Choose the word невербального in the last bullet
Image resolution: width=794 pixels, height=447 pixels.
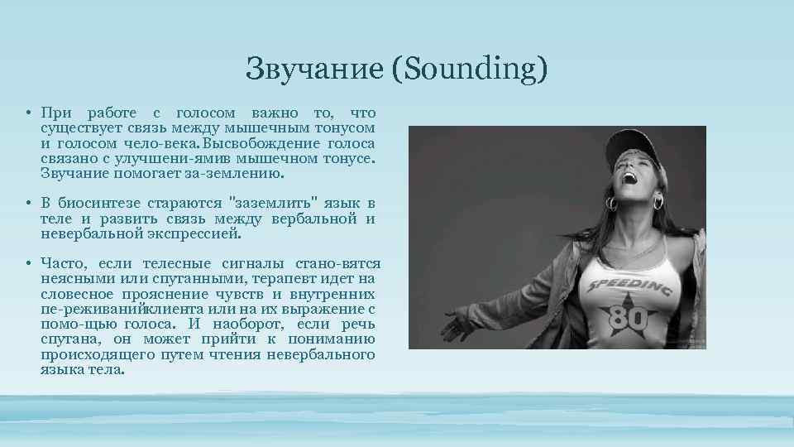[323, 355]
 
